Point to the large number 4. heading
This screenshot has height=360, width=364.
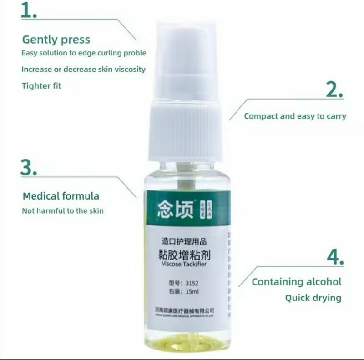pyautogui.click(x=335, y=258)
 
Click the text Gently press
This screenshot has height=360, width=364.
pyautogui.click(x=56, y=40)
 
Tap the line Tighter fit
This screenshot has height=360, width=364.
pyautogui.click(x=41, y=85)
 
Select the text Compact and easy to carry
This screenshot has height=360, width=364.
pyautogui.click(x=295, y=116)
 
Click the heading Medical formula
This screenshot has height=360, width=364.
pyautogui.click(x=61, y=196)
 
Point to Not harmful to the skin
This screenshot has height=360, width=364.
pyautogui.click(x=63, y=211)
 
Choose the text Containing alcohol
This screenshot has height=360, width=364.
pyautogui.click(x=296, y=282)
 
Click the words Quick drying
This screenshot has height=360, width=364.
pyautogui.click(x=313, y=298)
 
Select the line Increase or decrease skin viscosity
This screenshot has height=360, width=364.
pyautogui.click(x=84, y=69)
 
